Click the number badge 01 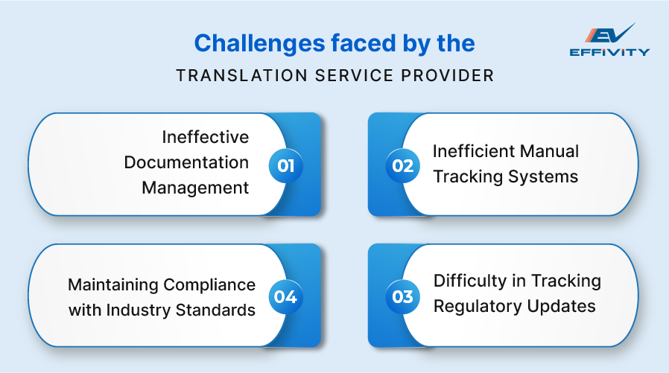coord(286,165)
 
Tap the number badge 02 coord(402,165)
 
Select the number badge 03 coord(402,297)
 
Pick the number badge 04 coord(286,297)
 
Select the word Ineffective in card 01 coord(206,137)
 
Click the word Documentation coord(186,162)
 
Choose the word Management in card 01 coord(195,188)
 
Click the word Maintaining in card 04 coord(112,284)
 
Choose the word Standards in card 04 coord(216,310)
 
